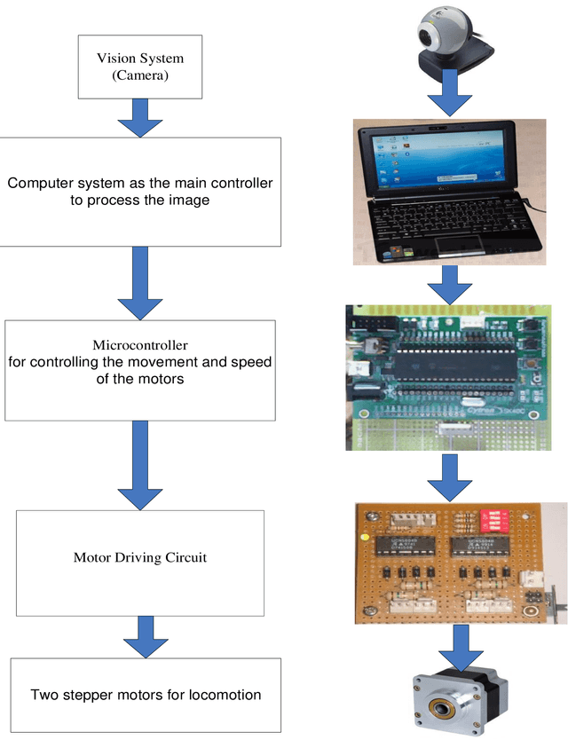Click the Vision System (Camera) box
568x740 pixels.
[141, 67]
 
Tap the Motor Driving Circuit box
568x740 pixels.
[141, 562]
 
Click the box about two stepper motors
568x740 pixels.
[146, 695]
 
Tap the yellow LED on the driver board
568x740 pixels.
[366, 538]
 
